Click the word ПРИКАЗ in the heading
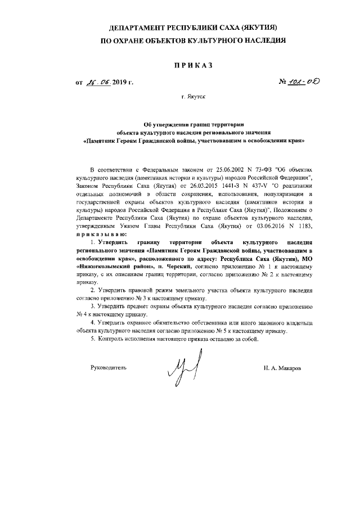click(x=179, y=66)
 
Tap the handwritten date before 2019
click(x=99, y=84)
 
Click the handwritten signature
click(x=183, y=369)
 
